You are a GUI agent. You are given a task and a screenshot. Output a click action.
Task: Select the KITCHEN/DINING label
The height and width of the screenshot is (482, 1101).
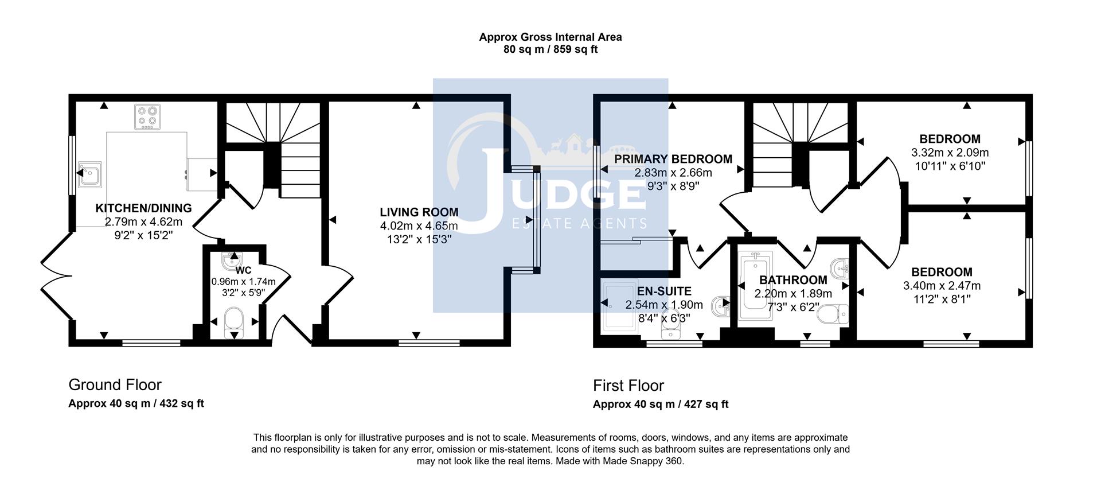pyautogui.click(x=143, y=208)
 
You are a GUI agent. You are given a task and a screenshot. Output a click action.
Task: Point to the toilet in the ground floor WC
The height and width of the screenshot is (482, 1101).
pyautogui.click(x=234, y=320)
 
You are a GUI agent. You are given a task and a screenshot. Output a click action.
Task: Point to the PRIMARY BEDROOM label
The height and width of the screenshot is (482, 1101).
pyautogui.click(x=673, y=159)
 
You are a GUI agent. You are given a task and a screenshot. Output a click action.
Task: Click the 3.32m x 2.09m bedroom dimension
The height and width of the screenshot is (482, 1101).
pyautogui.click(x=950, y=153)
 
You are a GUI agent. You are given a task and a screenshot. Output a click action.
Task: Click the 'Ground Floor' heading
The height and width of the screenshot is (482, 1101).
pyautogui.click(x=115, y=384)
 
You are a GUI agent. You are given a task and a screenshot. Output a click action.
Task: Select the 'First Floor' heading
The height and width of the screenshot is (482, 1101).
pyautogui.click(x=628, y=385)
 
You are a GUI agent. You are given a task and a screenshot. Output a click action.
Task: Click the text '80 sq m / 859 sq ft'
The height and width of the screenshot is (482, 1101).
pyautogui.click(x=550, y=50)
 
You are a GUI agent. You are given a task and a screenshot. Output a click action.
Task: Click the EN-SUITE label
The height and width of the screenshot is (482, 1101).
pyautogui.click(x=665, y=291)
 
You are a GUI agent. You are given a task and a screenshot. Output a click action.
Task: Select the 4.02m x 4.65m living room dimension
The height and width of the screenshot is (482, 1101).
pyautogui.click(x=419, y=226)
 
